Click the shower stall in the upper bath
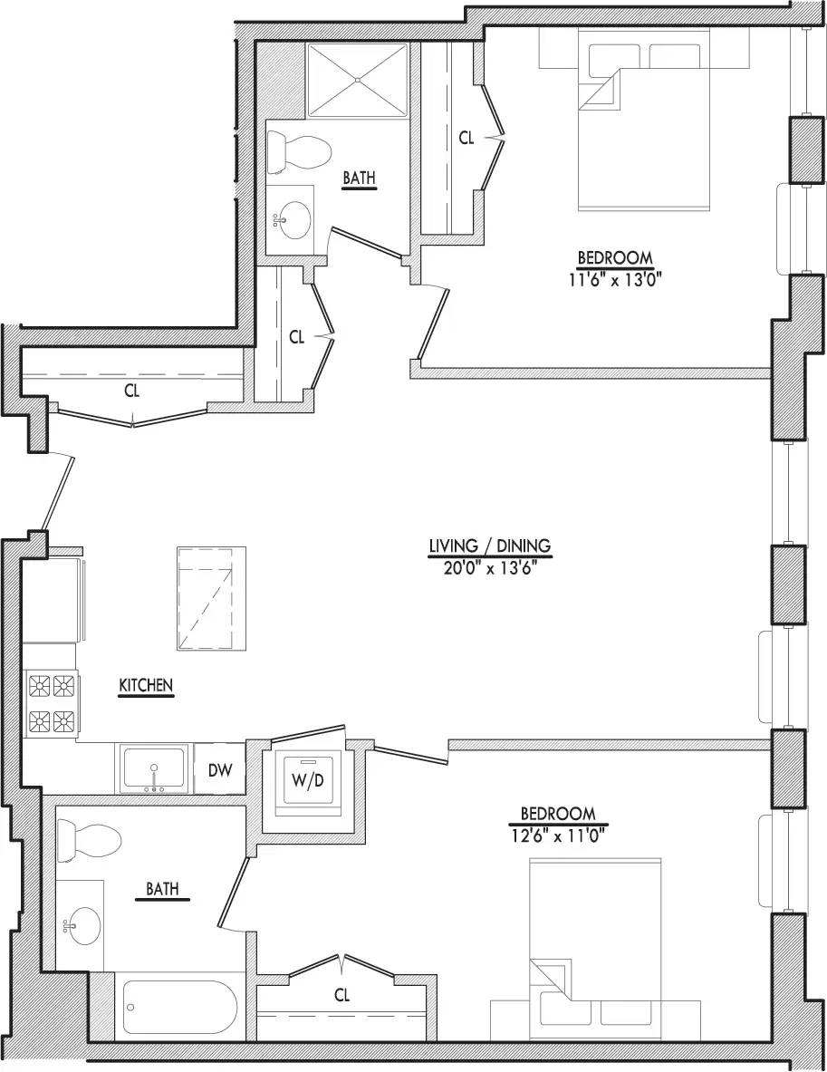click(359, 79)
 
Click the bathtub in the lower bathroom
click(178, 1009)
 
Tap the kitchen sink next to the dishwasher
click(154, 770)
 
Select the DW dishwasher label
click(221, 771)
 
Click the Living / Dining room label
click(490, 546)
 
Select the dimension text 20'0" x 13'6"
click(490, 567)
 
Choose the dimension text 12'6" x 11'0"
click(557, 834)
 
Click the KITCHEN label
click(146, 686)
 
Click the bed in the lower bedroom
click(594, 933)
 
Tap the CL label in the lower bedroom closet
click(341, 995)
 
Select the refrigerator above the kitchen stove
click(51, 598)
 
